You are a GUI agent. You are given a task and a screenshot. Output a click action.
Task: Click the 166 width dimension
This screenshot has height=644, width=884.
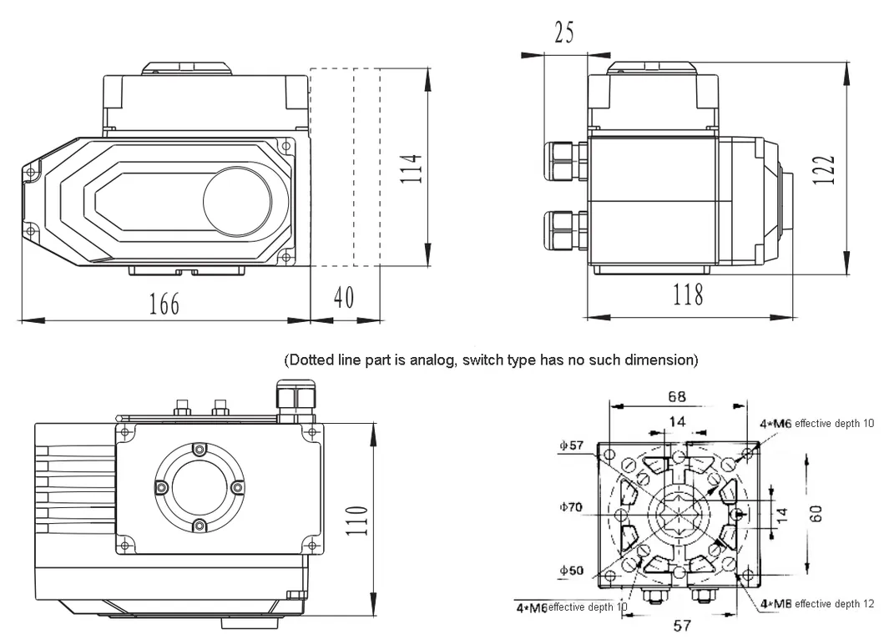click(x=164, y=304)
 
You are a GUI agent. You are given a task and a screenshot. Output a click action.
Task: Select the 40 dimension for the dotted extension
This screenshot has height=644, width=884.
click(x=344, y=298)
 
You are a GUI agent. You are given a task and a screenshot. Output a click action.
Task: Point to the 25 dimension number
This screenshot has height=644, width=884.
click(x=563, y=33)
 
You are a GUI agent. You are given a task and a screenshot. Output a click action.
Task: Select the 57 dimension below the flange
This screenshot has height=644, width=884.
click(x=684, y=625)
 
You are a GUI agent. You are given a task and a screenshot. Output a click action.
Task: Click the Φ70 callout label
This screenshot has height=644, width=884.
click(x=572, y=506)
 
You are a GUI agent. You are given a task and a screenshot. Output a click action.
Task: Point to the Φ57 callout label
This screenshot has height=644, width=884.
click(x=572, y=445)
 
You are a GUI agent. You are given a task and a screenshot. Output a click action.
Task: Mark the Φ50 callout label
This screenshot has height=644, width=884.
click(x=572, y=571)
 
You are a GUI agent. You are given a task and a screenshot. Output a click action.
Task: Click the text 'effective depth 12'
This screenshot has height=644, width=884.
click(x=834, y=603)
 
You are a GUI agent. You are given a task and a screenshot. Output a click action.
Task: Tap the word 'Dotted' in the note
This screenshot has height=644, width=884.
click(x=308, y=360)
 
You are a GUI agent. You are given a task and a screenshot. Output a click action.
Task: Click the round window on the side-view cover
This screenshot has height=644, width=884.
click(x=237, y=201)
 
